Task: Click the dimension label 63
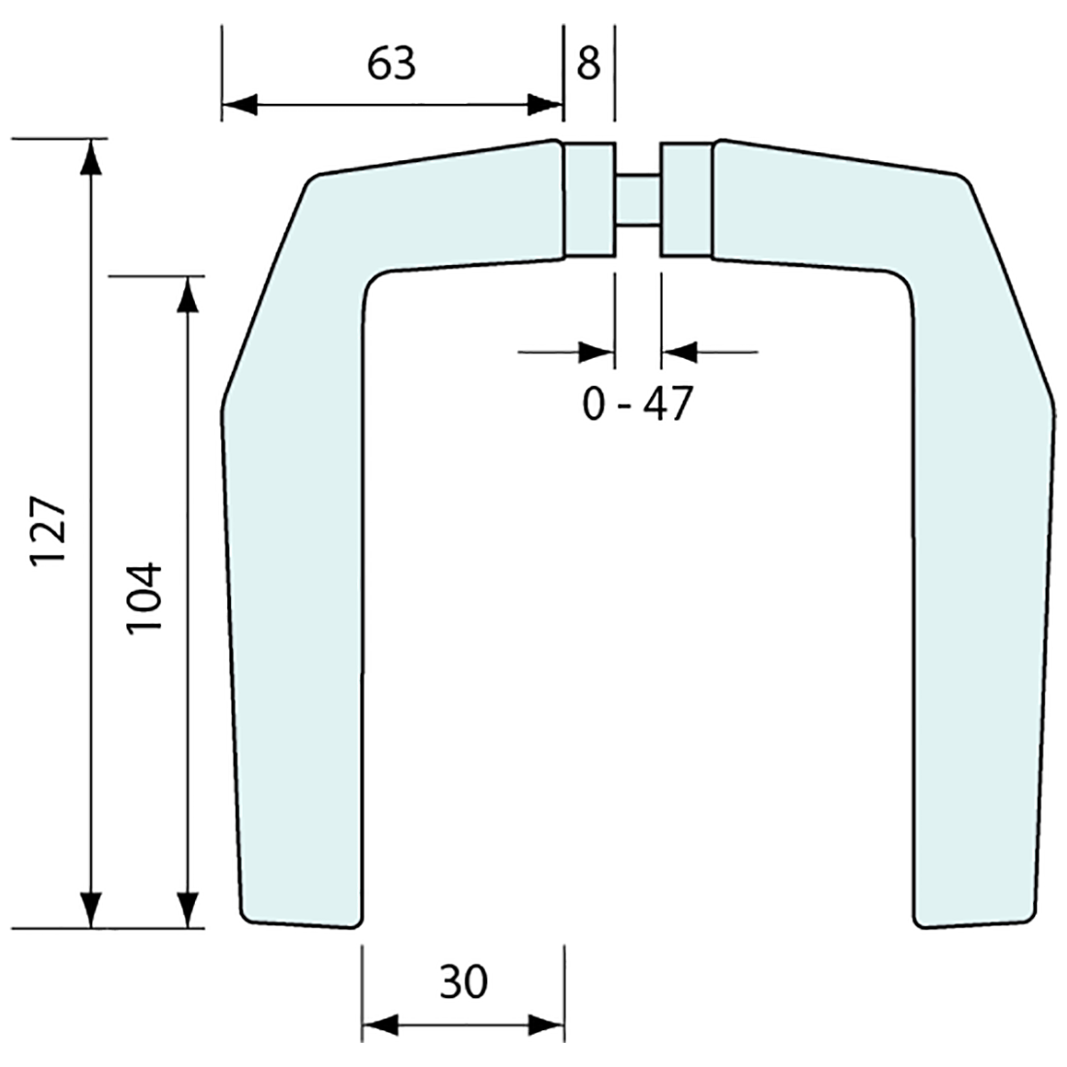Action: [392, 64]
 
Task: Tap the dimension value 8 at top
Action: [589, 64]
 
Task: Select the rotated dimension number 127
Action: [48, 533]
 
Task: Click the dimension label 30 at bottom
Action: [463, 984]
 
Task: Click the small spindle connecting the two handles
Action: [637, 200]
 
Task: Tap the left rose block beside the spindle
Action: [590, 200]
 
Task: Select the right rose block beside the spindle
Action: [686, 200]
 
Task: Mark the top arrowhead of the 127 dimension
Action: [91, 158]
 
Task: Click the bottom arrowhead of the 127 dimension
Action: [91, 909]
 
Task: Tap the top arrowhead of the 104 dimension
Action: [188, 295]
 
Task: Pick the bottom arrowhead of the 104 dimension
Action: [188, 909]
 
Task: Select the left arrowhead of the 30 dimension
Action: [379, 1024]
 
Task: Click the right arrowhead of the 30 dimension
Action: [547, 1024]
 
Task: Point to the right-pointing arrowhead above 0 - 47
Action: [597, 351]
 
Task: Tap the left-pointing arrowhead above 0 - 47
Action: [679, 351]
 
